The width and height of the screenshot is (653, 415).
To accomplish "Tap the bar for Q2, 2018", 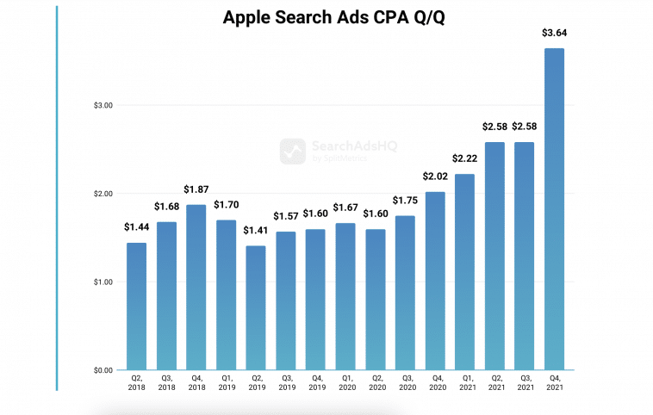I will point(136,307).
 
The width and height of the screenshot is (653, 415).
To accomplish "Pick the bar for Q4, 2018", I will point(196,288).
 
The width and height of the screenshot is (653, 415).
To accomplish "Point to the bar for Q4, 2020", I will point(435,281).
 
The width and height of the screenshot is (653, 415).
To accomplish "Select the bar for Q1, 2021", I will point(465,272).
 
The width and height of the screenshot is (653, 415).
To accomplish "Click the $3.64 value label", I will point(554,34).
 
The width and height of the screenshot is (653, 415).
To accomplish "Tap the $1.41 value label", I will point(256,231).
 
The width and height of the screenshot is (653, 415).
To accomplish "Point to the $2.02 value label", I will point(435,177).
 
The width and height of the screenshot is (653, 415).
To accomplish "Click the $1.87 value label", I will point(196,189).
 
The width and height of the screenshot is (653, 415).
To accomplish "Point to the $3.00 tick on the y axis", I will point(103,105).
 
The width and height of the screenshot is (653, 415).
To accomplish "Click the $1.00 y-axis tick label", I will point(103,282).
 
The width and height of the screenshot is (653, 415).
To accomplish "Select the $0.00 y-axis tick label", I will point(103,370).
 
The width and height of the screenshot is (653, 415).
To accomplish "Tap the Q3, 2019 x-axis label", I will point(286,383).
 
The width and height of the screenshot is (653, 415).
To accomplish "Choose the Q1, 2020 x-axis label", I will point(345,383).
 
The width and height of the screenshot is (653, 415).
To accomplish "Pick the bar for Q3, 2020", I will point(405,293).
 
